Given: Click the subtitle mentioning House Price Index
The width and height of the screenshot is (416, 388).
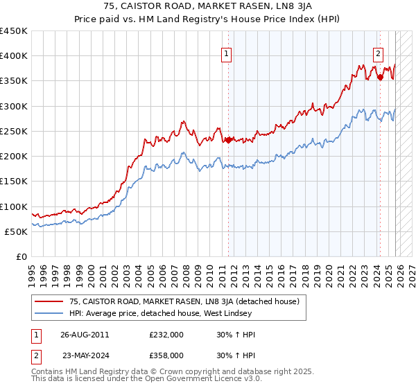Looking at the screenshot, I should click(x=208, y=19).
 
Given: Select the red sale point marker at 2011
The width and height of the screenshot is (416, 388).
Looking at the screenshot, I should click(x=228, y=140).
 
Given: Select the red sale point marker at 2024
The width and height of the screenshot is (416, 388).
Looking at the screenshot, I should click(x=380, y=77).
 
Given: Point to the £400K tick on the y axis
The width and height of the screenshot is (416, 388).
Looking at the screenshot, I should click(x=14, y=56).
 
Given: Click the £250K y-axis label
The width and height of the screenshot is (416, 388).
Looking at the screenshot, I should click(x=14, y=132).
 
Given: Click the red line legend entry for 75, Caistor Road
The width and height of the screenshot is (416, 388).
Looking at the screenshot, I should click(x=184, y=301).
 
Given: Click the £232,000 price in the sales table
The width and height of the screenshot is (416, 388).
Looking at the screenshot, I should click(x=171, y=334).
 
